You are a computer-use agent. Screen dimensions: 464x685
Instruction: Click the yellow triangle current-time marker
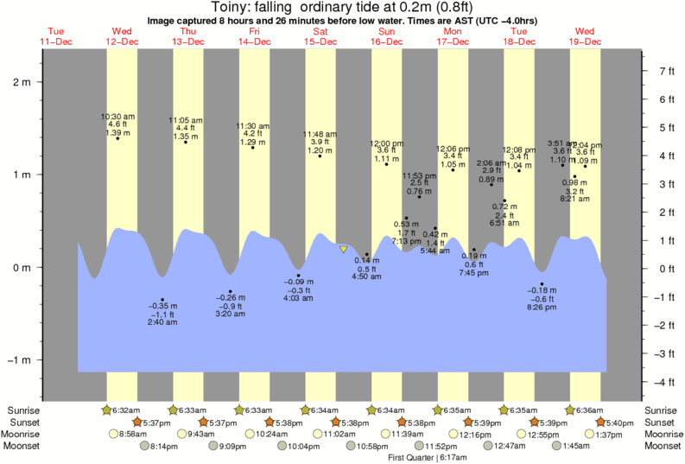344,250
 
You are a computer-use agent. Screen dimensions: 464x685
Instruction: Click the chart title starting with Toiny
342,8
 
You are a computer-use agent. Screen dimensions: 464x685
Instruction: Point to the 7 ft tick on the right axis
665,71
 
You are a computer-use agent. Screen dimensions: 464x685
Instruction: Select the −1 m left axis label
18,360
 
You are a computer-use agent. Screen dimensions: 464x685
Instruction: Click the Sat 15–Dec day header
320,35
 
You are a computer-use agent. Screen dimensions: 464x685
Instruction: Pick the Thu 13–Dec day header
188,35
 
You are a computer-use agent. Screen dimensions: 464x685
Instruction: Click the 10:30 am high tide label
117,116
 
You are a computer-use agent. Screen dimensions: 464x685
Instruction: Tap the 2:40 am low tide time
162,322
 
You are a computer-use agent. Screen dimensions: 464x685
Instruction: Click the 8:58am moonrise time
135,434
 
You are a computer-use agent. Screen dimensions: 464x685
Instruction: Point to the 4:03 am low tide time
298,298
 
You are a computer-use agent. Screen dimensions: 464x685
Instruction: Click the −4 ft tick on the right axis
665,382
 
